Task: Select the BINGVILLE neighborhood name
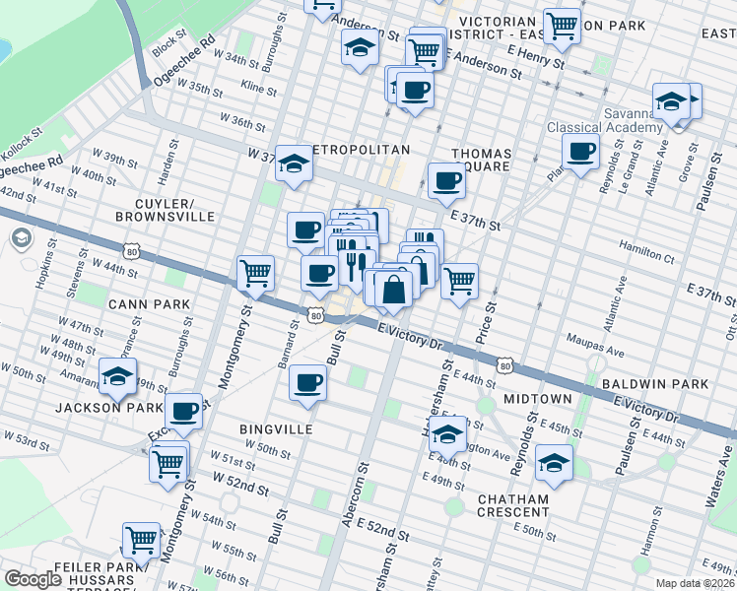[x=276, y=429]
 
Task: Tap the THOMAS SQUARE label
[x=481, y=160]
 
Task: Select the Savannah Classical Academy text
[x=605, y=120]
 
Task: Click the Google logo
[x=33, y=578]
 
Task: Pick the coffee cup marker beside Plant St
[x=581, y=151]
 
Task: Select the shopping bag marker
[x=393, y=290]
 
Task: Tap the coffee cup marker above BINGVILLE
[x=308, y=381]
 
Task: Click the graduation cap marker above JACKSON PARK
[x=117, y=376]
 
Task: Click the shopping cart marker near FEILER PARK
[x=142, y=540]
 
